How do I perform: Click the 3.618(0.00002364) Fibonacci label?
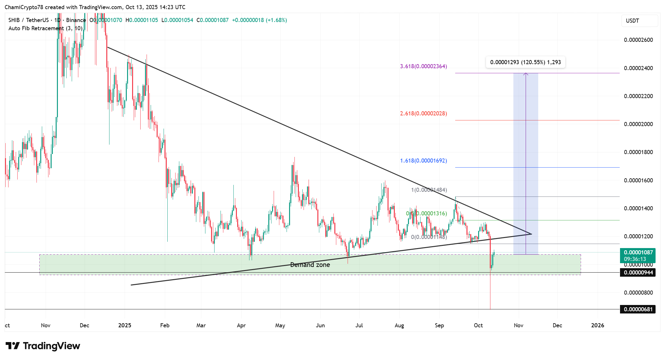tap(423, 66)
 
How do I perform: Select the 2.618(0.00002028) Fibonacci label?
tap(423, 114)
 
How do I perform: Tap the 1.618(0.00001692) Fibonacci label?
tap(423, 161)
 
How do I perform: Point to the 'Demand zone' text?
tap(310, 265)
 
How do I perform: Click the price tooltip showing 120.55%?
tap(525, 62)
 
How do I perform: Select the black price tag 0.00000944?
tap(638, 272)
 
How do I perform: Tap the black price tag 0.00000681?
tap(638, 309)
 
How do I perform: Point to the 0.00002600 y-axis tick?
tap(638, 40)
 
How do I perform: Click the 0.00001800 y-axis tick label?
tap(638, 152)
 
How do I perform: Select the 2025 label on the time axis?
tap(125, 325)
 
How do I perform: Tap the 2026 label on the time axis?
tap(597, 325)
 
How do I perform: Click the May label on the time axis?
tap(280, 325)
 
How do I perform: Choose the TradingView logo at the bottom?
tap(43, 346)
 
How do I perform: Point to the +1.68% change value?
tap(276, 20)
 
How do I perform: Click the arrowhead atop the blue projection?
tap(526, 74)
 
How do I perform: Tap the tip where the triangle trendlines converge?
tap(531, 234)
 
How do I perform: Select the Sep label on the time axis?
tap(439, 325)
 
